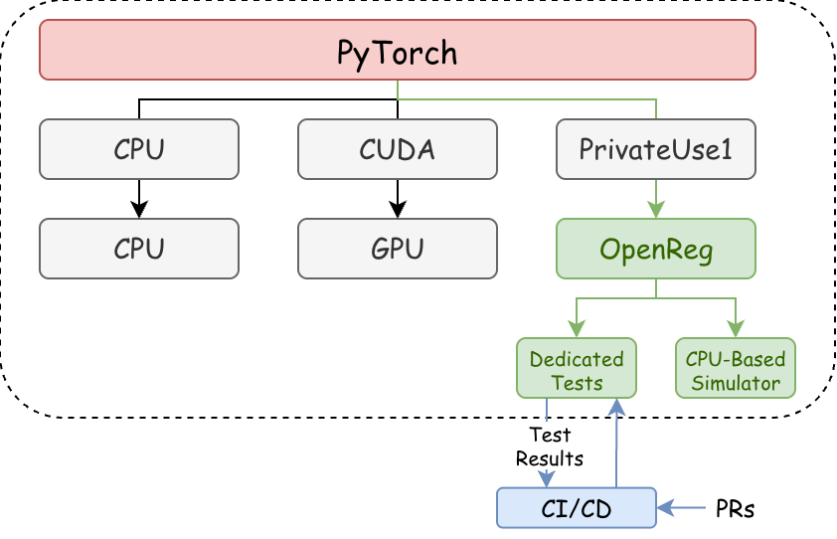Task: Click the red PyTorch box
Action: point(397,50)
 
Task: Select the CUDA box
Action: point(397,149)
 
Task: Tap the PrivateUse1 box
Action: point(655,149)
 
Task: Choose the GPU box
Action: point(397,248)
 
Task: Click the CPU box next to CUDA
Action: point(139,149)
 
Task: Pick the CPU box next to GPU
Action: point(139,248)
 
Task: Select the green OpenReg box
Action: point(655,248)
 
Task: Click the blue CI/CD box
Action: point(576,507)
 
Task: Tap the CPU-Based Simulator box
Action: point(736,369)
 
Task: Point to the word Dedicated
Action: point(577,359)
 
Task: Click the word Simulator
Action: point(736,382)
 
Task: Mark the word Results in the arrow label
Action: point(550,458)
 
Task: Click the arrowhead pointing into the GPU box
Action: point(398,211)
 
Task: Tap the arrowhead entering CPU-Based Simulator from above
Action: point(736,330)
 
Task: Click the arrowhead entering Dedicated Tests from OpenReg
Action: point(577,330)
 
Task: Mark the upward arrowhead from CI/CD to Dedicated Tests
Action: point(617,406)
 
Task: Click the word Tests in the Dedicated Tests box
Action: point(577,383)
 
